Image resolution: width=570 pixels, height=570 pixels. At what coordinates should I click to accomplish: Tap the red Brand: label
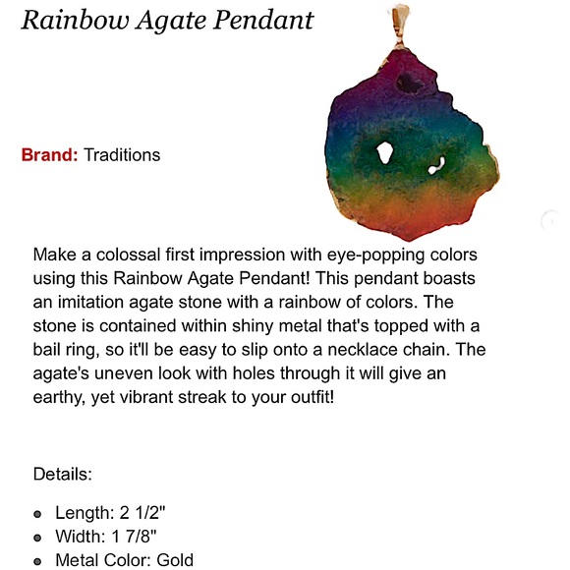coord(49,155)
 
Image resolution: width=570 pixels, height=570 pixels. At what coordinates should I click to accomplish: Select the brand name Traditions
coord(122,155)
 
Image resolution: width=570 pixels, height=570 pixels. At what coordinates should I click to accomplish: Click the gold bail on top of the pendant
coord(402,17)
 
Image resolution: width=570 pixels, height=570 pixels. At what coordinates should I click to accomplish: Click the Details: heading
coord(63,474)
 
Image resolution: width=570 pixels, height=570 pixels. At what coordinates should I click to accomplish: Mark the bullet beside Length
coord(37,514)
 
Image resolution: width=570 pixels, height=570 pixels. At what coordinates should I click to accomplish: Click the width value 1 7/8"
coord(138,538)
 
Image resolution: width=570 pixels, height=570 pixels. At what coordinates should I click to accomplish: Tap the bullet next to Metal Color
coord(37,561)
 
